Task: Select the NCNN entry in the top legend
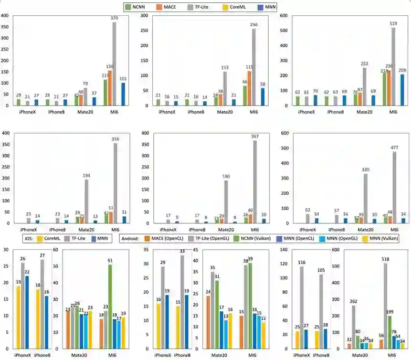pyautogui.click(x=137, y=7)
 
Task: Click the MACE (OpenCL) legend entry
pyautogui.click(x=169, y=238)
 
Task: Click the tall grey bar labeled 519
pyautogui.click(x=394, y=67)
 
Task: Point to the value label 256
pyautogui.click(x=253, y=25)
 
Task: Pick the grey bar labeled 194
pyautogui.click(x=86, y=201)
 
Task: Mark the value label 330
pyautogui.click(x=365, y=169)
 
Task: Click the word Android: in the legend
pyautogui.click(x=132, y=238)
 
